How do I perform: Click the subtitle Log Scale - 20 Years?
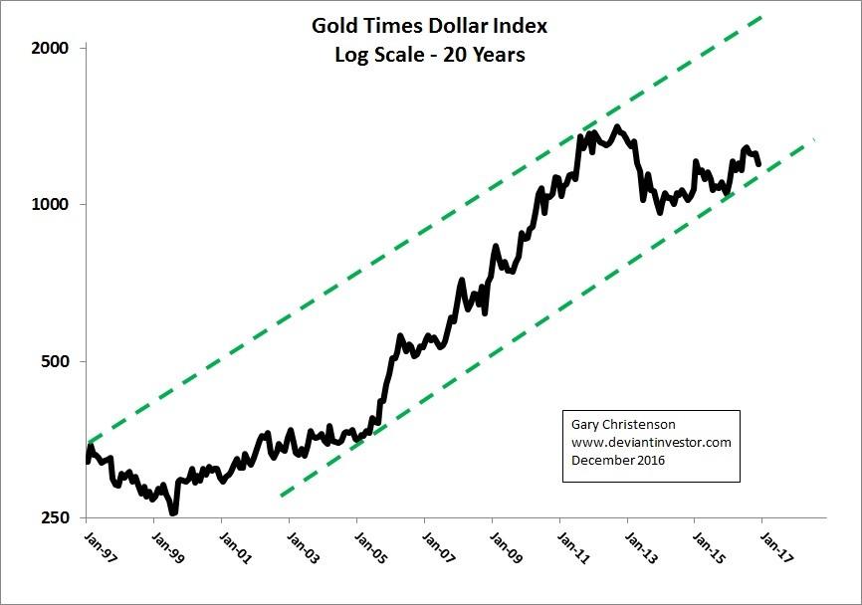tap(430, 55)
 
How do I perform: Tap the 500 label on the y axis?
tap(54, 361)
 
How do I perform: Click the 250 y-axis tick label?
tap(54, 518)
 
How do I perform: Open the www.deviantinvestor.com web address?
tap(651, 443)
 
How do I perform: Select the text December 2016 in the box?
tap(618, 461)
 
